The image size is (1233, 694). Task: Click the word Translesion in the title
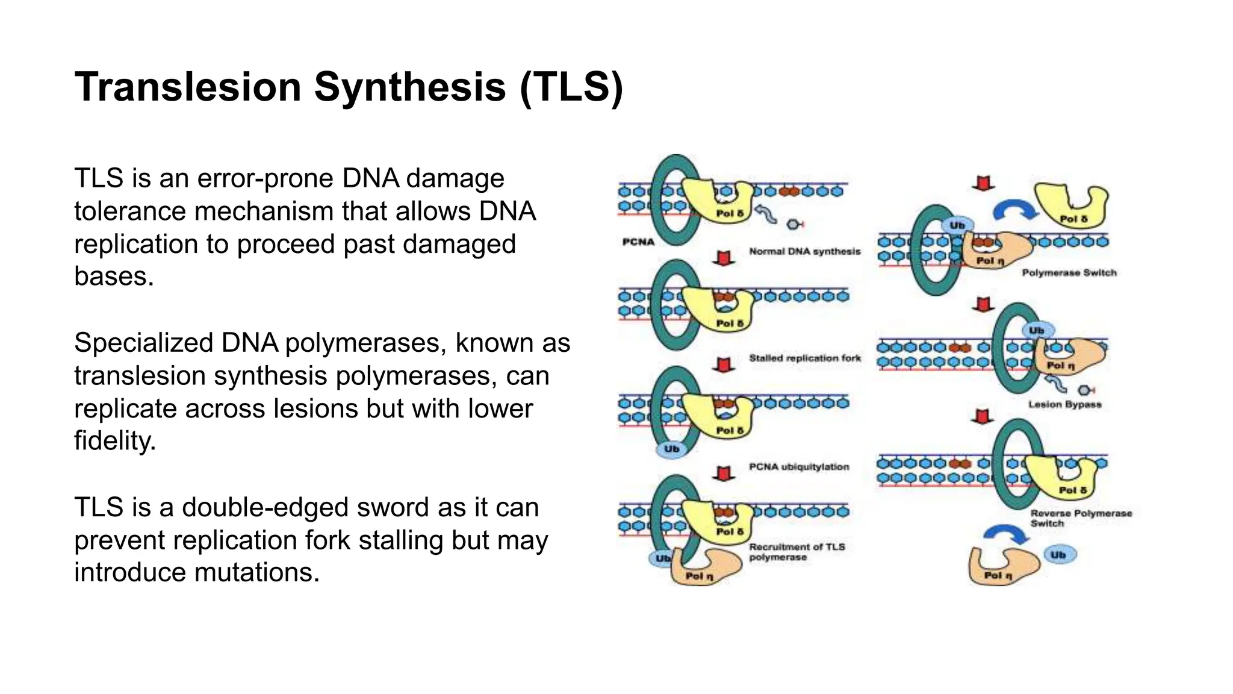tap(187, 87)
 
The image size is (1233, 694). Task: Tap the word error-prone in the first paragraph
tap(265, 178)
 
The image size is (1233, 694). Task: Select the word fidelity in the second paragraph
tap(114, 441)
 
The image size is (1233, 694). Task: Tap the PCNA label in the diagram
tap(638, 242)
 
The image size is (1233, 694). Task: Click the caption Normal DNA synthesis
tap(804, 252)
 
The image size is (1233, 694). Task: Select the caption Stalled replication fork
tap(804, 358)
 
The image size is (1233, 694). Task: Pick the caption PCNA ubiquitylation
tap(798, 467)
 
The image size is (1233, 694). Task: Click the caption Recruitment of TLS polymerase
tap(796, 552)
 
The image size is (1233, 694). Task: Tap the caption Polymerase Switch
tap(1069, 273)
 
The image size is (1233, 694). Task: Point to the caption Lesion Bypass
tap(1064, 404)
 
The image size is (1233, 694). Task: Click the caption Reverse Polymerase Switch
tap(1080, 518)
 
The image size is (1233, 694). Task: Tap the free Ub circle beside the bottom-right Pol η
tap(1058, 555)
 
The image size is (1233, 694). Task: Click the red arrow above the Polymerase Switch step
tap(983, 183)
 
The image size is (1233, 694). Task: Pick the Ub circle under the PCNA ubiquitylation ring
tap(671, 449)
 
